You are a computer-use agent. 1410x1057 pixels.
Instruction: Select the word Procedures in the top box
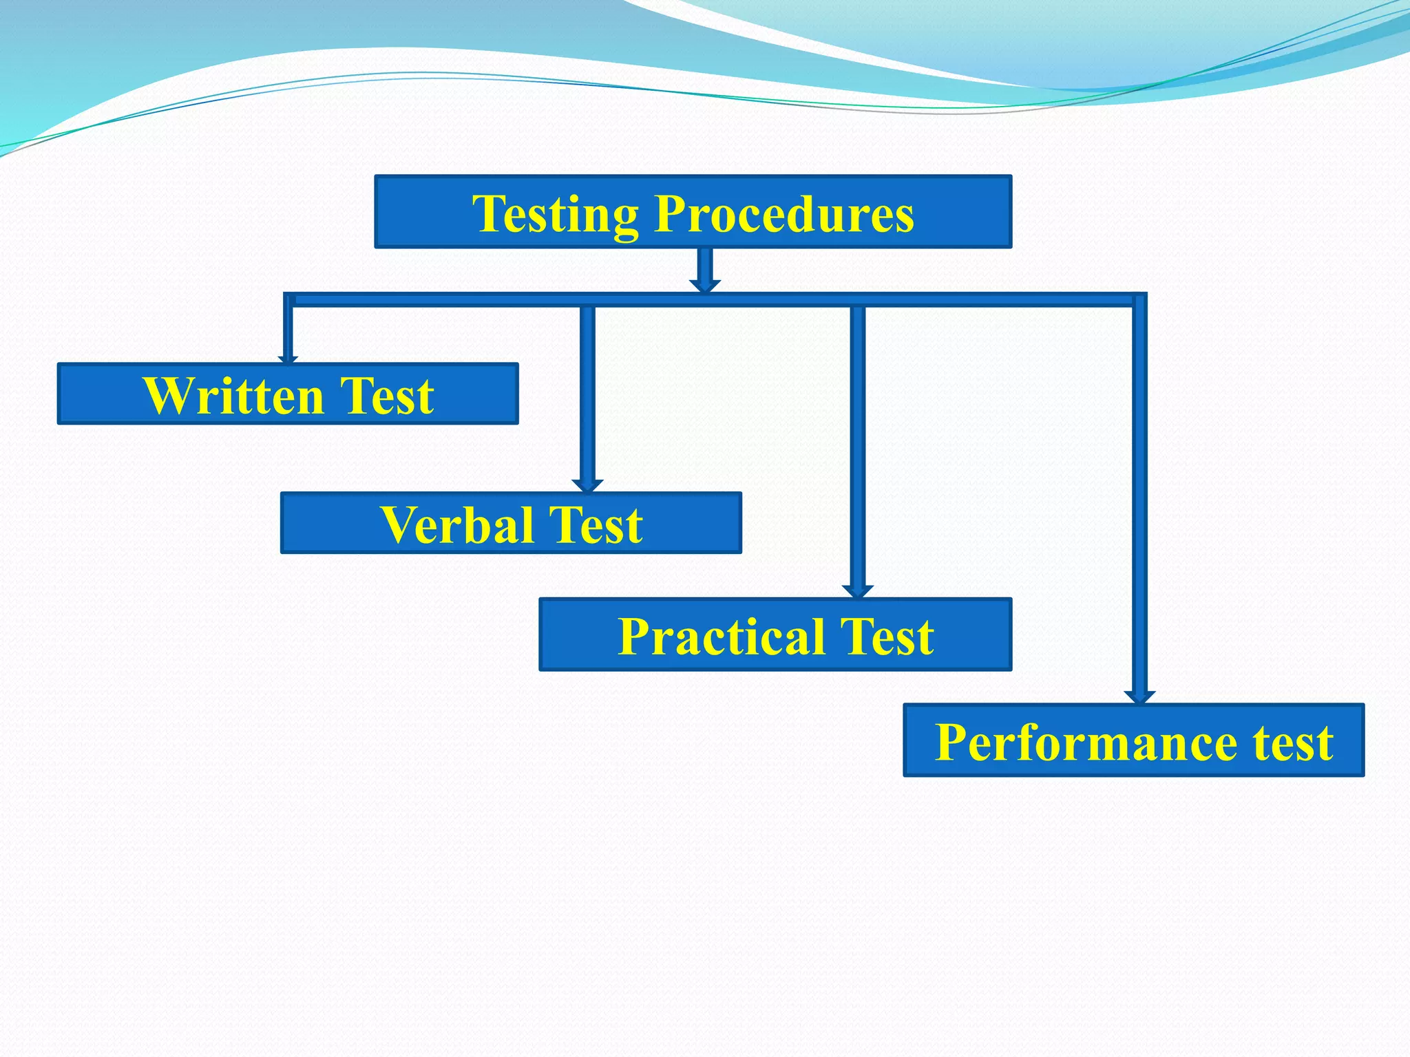coord(784,213)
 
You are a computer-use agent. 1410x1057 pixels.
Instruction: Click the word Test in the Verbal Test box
coord(595,525)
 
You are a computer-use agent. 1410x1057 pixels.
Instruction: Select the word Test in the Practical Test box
coord(887,636)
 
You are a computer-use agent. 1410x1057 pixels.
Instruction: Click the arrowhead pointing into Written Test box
coord(288,359)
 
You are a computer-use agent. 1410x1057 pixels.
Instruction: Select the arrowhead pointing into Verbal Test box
coord(587,485)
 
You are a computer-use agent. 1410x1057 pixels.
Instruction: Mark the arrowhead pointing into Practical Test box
coord(858,591)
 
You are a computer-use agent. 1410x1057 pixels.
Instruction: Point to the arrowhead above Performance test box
coord(1139,697)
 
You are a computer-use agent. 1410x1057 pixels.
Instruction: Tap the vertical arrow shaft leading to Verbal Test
coord(587,392)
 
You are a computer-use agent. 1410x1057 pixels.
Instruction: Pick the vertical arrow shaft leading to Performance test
coord(1139,495)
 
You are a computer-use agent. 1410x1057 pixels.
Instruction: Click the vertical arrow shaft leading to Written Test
coord(288,330)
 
